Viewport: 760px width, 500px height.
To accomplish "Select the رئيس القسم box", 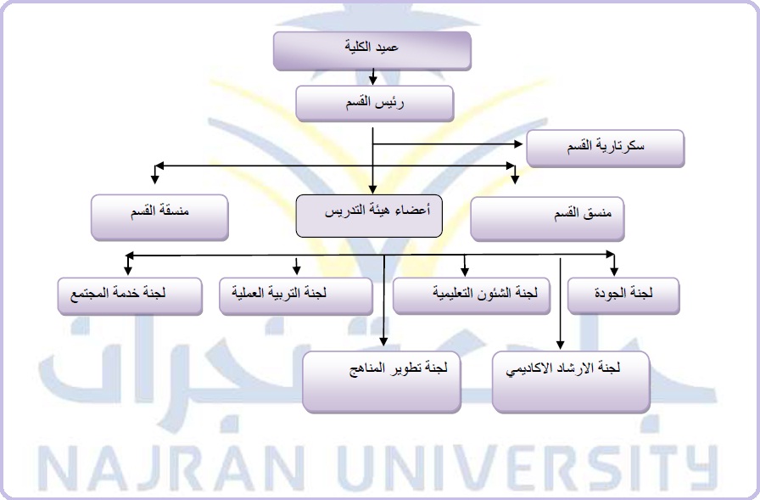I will [x=373, y=104].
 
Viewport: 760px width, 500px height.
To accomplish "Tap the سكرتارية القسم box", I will [x=605, y=148].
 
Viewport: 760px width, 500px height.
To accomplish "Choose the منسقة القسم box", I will [x=159, y=216].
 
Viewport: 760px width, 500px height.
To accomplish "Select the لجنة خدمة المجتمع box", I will [x=130, y=295].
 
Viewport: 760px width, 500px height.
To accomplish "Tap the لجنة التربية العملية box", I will [x=296, y=295].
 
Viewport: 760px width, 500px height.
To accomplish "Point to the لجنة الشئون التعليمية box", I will [x=471, y=295].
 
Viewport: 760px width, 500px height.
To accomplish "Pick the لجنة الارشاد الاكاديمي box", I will [x=570, y=380].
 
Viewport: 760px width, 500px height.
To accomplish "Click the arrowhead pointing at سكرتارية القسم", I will [x=516, y=144].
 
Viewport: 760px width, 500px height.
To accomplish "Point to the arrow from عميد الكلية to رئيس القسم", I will [x=373, y=79].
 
